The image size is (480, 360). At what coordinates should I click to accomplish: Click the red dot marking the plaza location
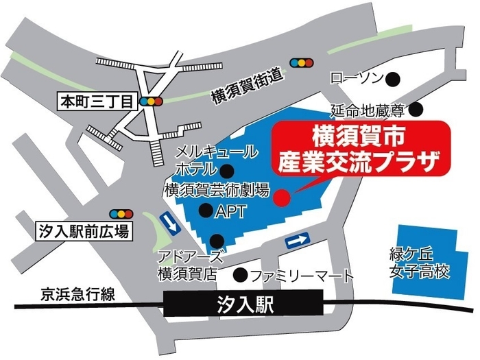pos(280,198)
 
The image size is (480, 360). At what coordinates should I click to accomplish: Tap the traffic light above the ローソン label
pos(300,62)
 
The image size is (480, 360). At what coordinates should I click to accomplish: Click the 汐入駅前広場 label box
pos(83,231)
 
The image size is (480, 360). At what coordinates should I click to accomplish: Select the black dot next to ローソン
pos(394,78)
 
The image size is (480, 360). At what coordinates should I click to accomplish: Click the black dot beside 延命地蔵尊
pos(416,109)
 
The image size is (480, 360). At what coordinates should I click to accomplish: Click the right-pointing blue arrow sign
pos(297,241)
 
